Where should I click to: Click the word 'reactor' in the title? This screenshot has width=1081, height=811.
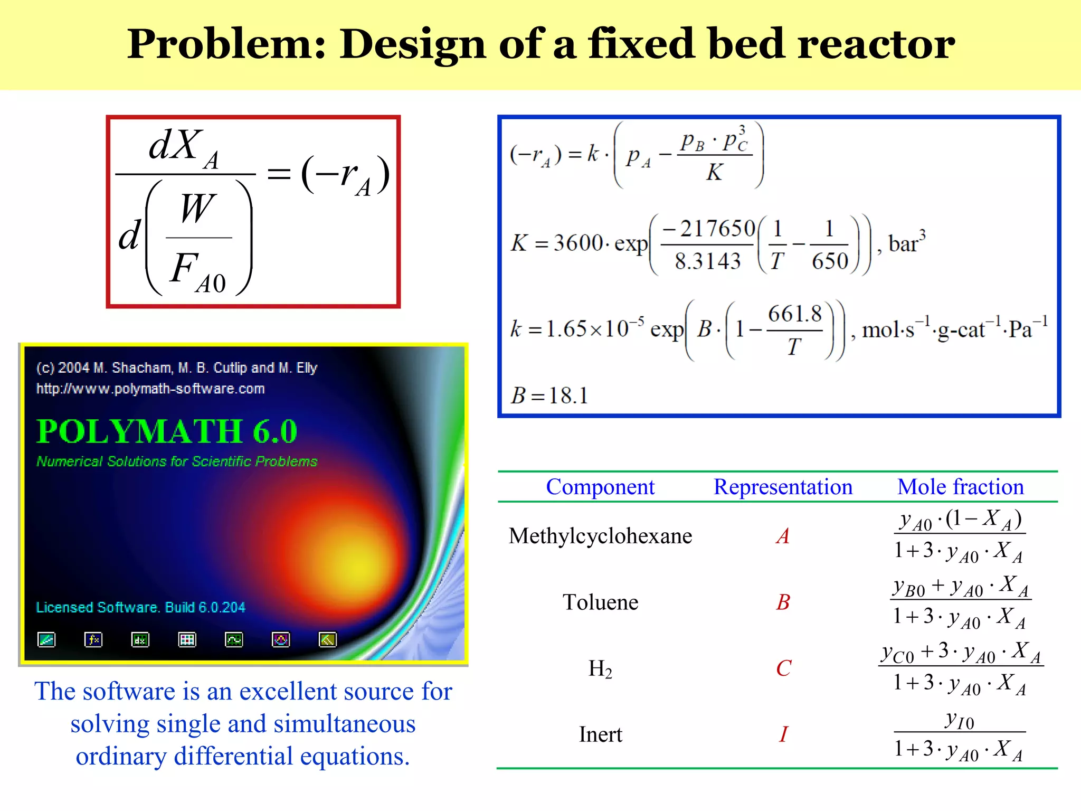[x=876, y=44]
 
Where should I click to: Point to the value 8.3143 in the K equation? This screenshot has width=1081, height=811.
[x=707, y=261]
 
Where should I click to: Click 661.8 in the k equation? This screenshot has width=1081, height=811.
[x=794, y=314]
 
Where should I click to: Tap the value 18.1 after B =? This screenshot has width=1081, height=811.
[x=568, y=395]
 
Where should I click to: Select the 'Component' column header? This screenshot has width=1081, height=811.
[x=600, y=487]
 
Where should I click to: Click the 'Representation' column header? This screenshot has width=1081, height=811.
[x=783, y=487]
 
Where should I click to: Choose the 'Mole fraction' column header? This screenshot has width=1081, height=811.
[x=960, y=487]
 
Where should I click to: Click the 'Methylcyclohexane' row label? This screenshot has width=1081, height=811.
[x=600, y=536]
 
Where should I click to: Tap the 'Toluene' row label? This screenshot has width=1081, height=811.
[x=600, y=602]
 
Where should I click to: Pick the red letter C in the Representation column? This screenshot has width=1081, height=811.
[x=783, y=668]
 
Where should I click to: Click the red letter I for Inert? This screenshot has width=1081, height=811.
[x=783, y=734]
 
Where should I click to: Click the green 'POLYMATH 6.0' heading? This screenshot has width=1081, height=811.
[x=167, y=431]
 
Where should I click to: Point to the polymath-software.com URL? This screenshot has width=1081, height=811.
[x=150, y=389]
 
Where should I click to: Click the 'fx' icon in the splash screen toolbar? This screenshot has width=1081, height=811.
[x=93, y=640]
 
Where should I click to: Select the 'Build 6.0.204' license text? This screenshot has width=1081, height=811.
[x=205, y=607]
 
